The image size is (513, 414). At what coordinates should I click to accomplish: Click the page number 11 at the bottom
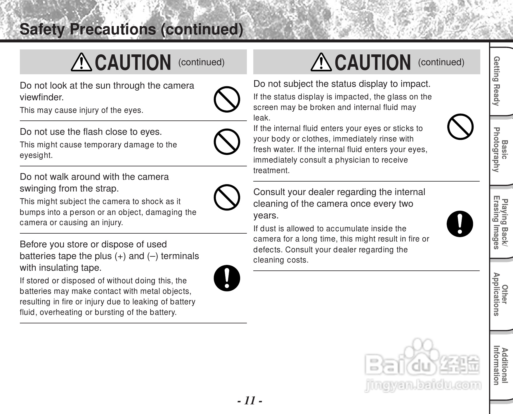click(249, 400)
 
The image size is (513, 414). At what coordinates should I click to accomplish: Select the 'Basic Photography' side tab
click(500, 150)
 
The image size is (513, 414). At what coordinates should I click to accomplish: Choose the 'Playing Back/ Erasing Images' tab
click(500, 224)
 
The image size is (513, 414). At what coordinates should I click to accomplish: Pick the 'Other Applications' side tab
click(500, 294)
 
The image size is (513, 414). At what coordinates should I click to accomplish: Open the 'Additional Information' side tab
click(500, 365)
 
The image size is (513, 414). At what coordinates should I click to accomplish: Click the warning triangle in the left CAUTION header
click(81, 62)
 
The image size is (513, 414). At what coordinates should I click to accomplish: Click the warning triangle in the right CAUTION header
click(321, 62)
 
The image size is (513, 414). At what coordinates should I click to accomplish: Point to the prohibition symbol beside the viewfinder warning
click(227, 99)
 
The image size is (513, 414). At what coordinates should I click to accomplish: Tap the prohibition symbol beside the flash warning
click(227, 142)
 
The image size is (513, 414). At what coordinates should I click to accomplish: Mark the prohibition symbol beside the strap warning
click(227, 197)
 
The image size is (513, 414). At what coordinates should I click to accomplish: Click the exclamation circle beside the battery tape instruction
click(227, 278)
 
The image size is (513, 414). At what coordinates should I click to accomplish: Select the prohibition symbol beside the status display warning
click(460, 127)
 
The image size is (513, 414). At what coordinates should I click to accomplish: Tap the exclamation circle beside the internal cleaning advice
click(460, 224)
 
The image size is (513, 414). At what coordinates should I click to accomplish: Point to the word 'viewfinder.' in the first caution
click(42, 97)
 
